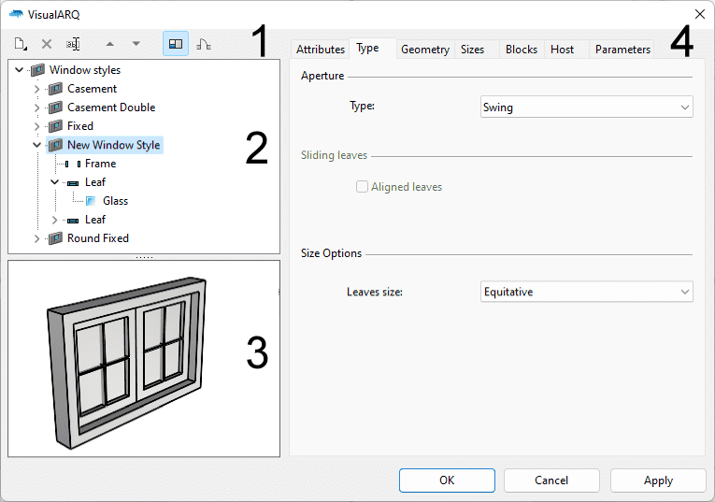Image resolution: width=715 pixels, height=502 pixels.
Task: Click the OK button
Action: point(447,480)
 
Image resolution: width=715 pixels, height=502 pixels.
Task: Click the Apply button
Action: point(658,480)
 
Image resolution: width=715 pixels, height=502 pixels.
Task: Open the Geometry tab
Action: point(425,50)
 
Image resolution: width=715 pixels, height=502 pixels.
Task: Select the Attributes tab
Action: point(321,50)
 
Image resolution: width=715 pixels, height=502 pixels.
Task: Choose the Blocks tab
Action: point(522,50)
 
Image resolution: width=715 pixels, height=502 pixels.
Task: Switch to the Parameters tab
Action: point(622,50)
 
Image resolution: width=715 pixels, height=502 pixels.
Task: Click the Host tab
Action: point(563,50)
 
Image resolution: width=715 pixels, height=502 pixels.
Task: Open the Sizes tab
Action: point(473,50)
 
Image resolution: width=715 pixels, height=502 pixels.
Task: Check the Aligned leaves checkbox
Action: point(362,187)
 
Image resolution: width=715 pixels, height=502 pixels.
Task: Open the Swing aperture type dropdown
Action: point(586,108)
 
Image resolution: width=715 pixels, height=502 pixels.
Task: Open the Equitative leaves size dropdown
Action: point(586,293)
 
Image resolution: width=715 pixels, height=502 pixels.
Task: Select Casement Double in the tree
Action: point(111,108)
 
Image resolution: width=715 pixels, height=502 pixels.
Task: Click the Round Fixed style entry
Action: point(98,238)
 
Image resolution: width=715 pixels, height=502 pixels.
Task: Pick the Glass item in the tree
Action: point(115,201)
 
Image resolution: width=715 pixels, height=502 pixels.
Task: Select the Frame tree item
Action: point(101,164)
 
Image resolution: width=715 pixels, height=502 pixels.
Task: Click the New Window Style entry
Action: point(113,145)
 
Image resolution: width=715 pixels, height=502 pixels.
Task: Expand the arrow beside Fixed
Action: point(37,126)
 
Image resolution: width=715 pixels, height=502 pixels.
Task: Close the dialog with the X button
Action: point(700,14)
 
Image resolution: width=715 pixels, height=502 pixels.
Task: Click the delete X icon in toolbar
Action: point(46,44)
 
